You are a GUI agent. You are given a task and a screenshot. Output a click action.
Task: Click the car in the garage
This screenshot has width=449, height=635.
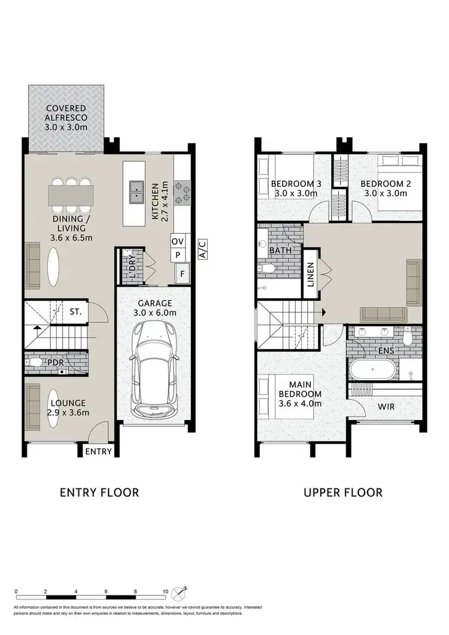click(153, 369)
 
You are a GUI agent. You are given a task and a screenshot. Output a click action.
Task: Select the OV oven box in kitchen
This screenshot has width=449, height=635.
click(178, 241)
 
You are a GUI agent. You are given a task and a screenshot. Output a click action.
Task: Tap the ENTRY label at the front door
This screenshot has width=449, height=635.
click(98, 451)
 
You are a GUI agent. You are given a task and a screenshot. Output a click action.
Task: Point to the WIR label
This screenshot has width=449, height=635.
click(386, 407)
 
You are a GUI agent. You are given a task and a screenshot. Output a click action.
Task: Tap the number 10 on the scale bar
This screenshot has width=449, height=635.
click(165, 591)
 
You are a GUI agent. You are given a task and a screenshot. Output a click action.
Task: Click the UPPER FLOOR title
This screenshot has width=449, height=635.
click(342, 493)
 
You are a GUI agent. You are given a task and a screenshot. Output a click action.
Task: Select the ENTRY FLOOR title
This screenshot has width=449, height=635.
click(99, 493)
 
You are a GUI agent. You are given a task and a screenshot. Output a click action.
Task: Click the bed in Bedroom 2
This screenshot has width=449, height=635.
click(397, 183)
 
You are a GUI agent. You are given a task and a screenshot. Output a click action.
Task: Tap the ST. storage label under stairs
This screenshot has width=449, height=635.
click(75, 312)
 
